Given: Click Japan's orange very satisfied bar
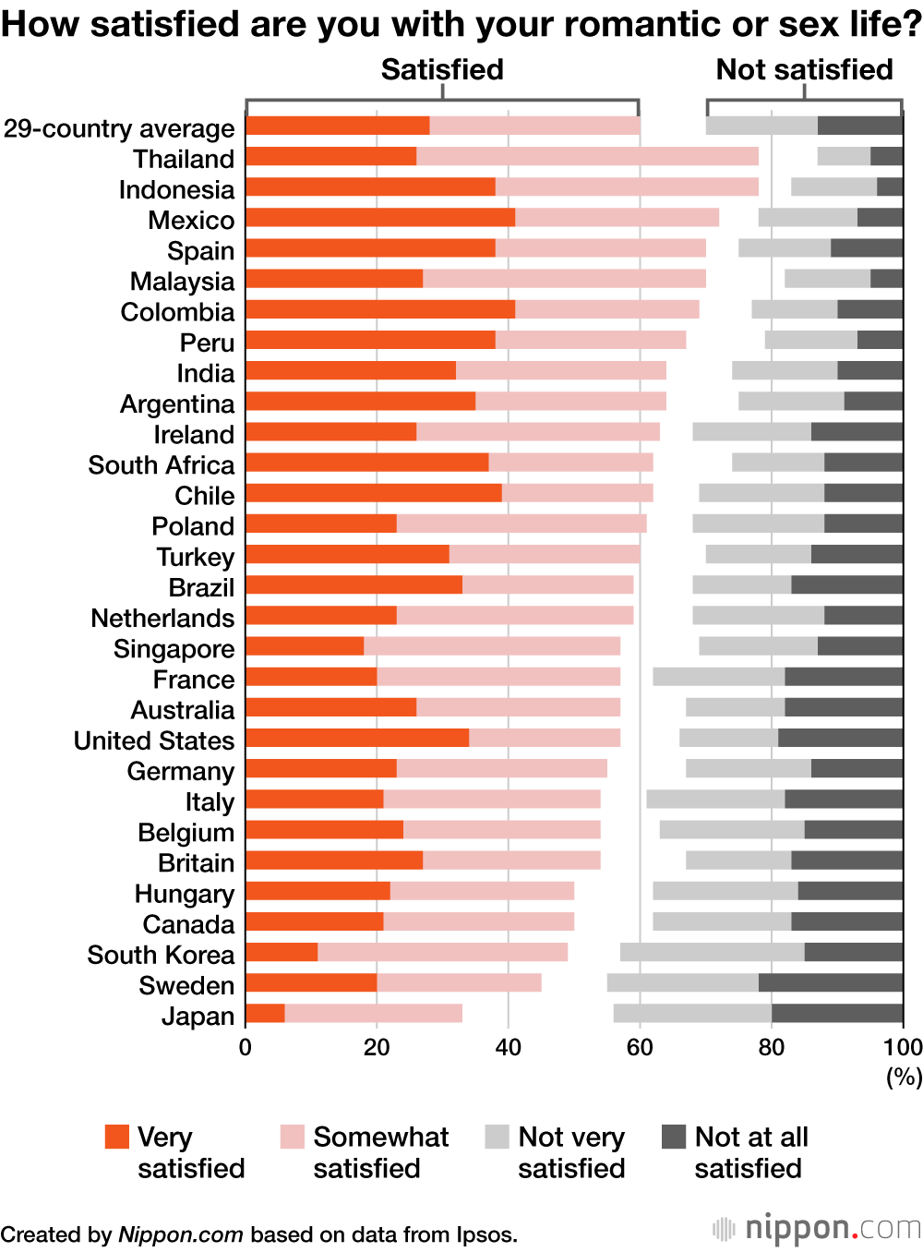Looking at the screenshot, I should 265,1014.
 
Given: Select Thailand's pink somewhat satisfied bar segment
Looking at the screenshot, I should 587,157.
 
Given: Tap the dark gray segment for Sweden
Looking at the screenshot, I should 831,983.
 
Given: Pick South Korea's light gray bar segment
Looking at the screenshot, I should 712,953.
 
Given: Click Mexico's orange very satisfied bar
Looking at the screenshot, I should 380,218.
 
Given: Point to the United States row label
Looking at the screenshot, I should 154,740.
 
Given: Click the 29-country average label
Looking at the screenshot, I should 119,128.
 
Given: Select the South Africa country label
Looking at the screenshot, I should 162,465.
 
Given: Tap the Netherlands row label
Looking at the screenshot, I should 162,618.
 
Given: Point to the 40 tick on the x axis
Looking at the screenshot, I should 508,1047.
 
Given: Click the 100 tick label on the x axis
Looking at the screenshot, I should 902,1047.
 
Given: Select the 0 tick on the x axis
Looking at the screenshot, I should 246,1047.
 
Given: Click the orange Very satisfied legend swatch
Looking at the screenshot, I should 117,1137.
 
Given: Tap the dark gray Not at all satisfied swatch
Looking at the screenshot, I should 674,1137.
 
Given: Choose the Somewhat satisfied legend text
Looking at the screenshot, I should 380,1151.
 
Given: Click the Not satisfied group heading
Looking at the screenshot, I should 804,70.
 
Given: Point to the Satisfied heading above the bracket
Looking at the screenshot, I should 442,70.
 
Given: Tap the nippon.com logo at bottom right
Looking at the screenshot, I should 817,1228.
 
